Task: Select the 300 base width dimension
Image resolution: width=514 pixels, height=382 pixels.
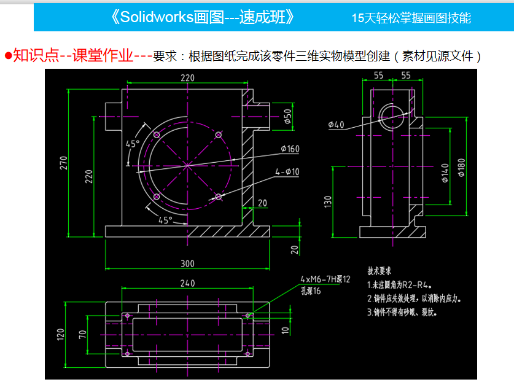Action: (x=187, y=263)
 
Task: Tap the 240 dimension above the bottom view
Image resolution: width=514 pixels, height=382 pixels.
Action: (x=187, y=283)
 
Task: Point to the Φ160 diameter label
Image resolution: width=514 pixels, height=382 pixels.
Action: (x=290, y=149)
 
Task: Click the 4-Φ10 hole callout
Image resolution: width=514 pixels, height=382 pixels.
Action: (x=287, y=172)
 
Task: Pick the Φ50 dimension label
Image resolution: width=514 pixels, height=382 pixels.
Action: (x=287, y=115)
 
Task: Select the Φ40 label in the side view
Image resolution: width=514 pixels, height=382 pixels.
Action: (x=337, y=125)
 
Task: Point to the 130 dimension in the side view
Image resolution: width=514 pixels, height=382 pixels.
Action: (x=328, y=201)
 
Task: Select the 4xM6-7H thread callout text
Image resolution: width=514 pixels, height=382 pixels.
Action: (x=325, y=279)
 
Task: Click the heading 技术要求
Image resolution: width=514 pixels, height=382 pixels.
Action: (x=380, y=271)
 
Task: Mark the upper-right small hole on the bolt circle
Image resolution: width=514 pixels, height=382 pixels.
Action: (x=218, y=134)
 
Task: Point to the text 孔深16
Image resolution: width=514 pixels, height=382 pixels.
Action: (x=311, y=290)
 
